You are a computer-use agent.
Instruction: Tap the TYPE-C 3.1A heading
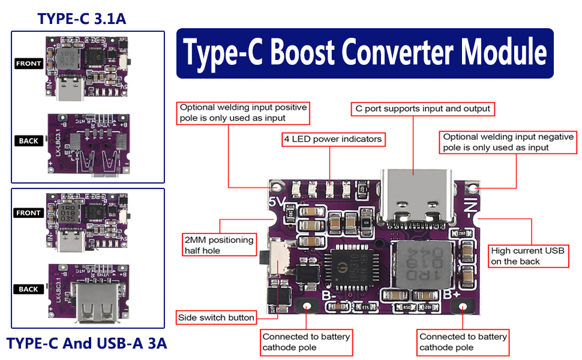(82, 19)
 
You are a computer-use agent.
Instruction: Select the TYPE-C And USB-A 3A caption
(86, 344)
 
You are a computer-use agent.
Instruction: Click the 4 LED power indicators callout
(333, 139)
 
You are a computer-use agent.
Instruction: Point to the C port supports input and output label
(422, 109)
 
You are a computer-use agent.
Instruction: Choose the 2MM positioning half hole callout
(218, 245)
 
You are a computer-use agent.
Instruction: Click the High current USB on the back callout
(529, 256)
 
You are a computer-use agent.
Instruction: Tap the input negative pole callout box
(508, 142)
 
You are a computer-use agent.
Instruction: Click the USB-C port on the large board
(413, 194)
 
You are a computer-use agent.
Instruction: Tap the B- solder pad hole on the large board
(307, 306)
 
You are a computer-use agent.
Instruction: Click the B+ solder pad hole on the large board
(463, 307)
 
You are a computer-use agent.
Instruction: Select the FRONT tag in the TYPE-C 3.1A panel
(29, 64)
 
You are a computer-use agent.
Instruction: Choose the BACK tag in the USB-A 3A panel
(28, 289)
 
